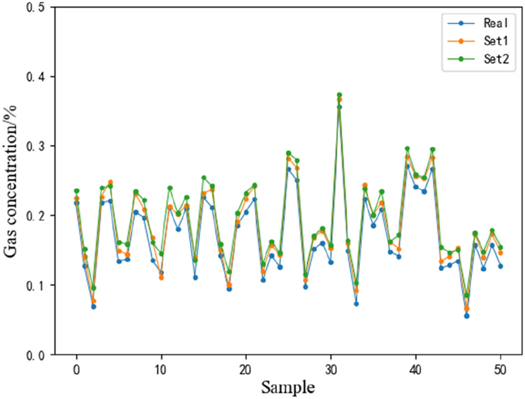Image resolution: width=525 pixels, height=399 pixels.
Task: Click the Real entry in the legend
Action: click(x=495, y=23)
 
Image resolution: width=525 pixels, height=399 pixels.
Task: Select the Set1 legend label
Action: click(x=495, y=42)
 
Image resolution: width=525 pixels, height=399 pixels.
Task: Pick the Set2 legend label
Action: click(x=495, y=61)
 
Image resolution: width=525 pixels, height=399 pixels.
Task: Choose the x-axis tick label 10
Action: click(x=161, y=369)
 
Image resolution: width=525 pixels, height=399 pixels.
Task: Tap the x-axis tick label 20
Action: click(x=246, y=369)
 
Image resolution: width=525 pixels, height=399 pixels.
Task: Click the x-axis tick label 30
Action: click(x=331, y=369)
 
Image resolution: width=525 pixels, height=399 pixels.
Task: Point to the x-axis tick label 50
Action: click(x=501, y=369)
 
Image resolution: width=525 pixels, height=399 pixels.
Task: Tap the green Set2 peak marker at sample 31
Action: click(x=340, y=95)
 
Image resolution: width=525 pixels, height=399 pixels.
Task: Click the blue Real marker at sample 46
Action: click(x=466, y=316)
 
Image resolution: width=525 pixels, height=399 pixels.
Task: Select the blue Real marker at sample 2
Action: click(x=93, y=306)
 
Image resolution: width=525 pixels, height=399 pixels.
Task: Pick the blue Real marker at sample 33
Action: click(x=356, y=304)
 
